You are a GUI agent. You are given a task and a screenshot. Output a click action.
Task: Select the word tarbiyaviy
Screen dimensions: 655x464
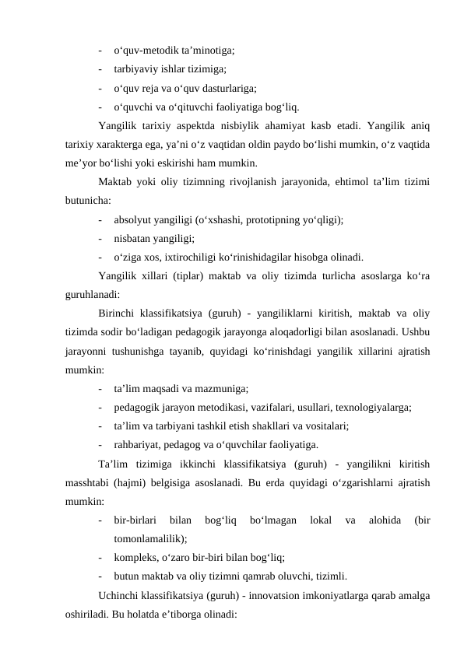(x=135, y=68)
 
